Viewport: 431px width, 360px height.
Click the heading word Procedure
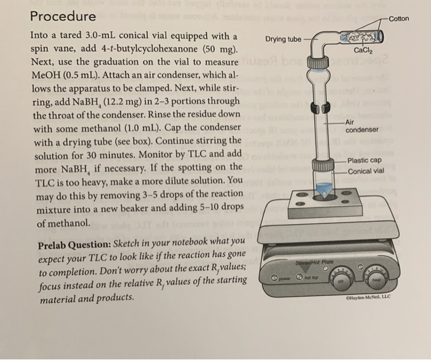tap(63, 16)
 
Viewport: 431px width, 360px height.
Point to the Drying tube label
tap(283, 39)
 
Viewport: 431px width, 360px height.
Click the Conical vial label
tap(366, 171)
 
